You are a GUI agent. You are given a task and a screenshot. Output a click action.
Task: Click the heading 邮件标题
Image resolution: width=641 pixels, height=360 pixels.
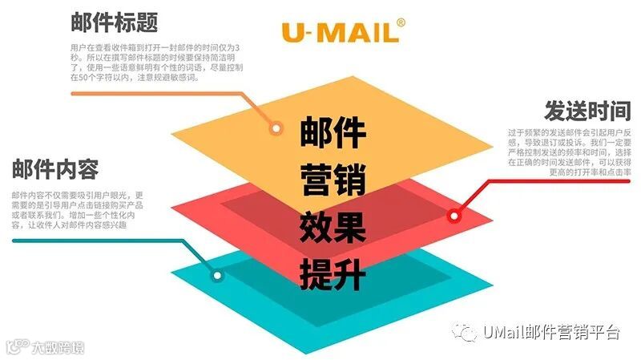pyautogui.click(x=114, y=22)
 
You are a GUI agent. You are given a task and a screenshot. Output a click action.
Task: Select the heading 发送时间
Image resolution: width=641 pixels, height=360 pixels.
pyautogui.click(x=587, y=111)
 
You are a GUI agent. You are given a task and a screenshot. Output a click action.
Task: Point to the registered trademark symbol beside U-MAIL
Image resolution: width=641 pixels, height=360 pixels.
pyautogui.click(x=401, y=22)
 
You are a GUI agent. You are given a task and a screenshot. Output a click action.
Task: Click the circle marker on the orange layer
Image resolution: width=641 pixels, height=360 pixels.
pyautogui.click(x=276, y=128)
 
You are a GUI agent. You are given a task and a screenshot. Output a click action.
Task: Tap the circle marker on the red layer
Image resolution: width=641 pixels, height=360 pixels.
pyautogui.click(x=454, y=215)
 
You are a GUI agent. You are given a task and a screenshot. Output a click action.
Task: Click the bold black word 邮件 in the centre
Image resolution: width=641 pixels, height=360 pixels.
pyautogui.click(x=333, y=133)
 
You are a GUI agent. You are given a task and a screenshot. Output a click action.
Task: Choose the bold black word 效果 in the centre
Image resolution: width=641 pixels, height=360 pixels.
pyautogui.click(x=333, y=227)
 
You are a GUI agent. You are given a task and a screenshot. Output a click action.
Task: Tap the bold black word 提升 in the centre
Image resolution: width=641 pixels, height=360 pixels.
pyautogui.click(x=333, y=273)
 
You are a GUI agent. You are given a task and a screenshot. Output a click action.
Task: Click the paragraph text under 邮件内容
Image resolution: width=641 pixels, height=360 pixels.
pyautogui.click(x=78, y=210)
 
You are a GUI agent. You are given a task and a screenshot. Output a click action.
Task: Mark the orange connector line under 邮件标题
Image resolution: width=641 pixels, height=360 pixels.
pyautogui.click(x=160, y=94)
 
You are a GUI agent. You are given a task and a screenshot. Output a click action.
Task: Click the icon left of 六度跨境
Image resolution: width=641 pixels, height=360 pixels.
pyautogui.click(x=16, y=348)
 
